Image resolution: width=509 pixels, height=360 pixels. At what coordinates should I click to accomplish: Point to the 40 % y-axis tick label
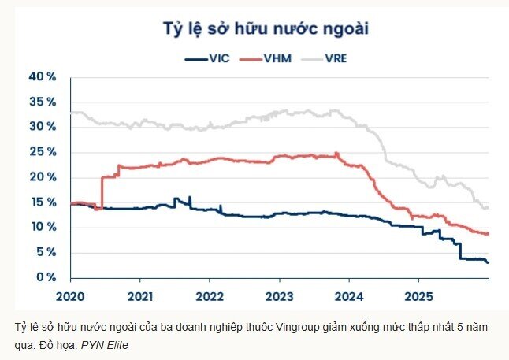click(x=42, y=76)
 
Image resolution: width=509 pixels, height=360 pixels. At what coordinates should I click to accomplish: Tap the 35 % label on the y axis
click(x=42, y=102)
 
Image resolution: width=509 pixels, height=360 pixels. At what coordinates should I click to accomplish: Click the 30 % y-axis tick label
click(x=42, y=127)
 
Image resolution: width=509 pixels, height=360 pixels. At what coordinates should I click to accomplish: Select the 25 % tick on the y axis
click(x=42, y=152)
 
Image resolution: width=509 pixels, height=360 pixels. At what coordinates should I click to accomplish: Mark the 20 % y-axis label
click(x=42, y=177)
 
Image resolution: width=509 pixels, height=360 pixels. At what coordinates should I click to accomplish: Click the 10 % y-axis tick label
click(x=42, y=227)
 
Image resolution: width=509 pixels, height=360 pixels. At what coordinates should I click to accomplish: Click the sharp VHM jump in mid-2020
click(x=102, y=193)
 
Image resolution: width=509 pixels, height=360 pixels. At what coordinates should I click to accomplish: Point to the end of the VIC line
click(x=488, y=262)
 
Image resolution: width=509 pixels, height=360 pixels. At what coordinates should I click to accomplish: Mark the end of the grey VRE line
click(x=488, y=207)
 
